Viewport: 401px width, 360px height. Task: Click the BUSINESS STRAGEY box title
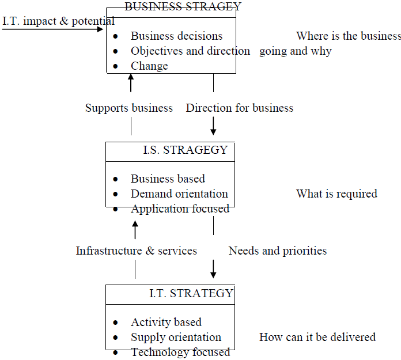click(183, 6)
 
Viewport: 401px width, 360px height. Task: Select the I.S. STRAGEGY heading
click(185, 150)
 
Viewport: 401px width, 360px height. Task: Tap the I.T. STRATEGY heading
click(191, 293)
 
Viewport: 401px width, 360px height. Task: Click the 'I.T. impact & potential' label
click(58, 21)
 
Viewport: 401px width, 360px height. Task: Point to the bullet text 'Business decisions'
click(176, 36)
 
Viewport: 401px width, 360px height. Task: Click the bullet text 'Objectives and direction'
click(190, 51)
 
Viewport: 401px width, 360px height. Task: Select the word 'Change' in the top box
click(149, 66)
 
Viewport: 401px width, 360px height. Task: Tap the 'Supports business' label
click(129, 108)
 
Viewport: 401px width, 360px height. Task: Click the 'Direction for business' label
click(239, 108)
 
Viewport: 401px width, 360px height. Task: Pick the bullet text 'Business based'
click(168, 179)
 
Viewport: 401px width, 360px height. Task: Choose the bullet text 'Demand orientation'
click(179, 194)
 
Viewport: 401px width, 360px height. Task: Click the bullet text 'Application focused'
click(180, 209)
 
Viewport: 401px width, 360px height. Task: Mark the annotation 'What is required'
click(336, 194)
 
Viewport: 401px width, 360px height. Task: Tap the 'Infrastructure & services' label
click(137, 251)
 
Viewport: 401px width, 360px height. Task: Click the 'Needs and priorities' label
click(277, 251)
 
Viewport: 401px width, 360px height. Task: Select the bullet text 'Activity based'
click(166, 322)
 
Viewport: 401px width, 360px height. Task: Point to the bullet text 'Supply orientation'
click(176, 337)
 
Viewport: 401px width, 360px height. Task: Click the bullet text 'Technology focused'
click(180, 352)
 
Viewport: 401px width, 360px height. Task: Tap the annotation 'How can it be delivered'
click(317, 337)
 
